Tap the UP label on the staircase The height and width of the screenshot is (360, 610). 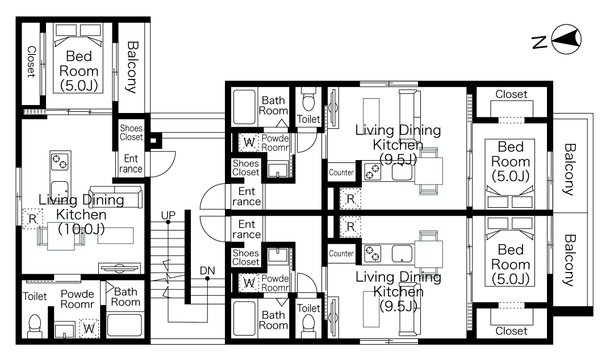coord(168,215)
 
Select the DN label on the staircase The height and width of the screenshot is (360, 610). coord(207,271)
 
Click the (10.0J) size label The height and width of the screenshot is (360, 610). coord(81,229)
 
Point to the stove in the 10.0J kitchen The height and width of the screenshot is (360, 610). coord(60,161)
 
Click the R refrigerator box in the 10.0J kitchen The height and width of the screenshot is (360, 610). coord(33,219)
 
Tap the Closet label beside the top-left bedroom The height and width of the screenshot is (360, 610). coord(31,62)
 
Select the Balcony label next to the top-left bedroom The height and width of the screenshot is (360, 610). coord(132,67)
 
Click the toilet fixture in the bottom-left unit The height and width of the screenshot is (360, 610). coord(35,326)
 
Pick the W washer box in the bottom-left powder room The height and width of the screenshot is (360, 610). coord(89,329)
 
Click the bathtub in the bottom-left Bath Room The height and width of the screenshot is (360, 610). coord(124,325)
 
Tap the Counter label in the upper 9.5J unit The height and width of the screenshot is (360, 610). coord(341,173)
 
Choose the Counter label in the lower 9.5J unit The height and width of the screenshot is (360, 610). coord(341,253)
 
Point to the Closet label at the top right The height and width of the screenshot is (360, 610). coord(511,94)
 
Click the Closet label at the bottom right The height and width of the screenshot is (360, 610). coord(511,331)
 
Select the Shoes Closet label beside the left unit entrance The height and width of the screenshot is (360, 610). coord(131,132)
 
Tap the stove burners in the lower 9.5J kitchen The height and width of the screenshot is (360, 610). coord(372,253)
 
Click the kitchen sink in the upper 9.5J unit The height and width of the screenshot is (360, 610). coord(402,171)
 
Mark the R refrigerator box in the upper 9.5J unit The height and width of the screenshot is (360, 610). coord(350,199)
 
